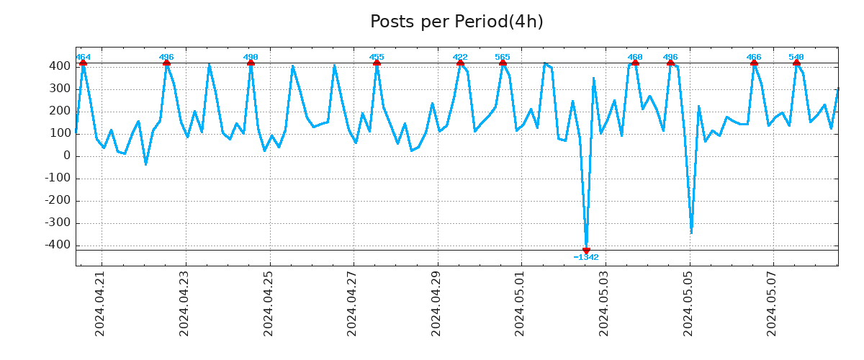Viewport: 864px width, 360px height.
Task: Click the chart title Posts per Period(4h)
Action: (456, 22)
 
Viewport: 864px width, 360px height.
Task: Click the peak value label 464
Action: (83, 57)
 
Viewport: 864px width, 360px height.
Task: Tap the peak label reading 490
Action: (251, 57)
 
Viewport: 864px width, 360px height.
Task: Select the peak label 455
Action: (377, 57)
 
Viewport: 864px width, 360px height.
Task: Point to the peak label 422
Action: (460, 57)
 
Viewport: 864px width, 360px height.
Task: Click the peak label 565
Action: (503, 57)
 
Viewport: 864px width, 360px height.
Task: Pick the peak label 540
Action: (796, 57)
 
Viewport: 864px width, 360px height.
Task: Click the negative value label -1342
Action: (586, 257)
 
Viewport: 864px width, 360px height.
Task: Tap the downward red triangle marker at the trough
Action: (586, 251)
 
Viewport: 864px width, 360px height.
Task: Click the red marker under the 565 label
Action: (503, 63)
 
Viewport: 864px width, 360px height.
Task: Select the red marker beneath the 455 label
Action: (377, 63)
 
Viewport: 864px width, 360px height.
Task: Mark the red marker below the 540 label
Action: (796, 63)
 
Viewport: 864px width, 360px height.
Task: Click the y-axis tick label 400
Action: (60, 66)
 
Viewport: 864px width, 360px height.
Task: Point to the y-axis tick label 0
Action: (67, 156)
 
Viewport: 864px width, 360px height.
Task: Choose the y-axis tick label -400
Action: (57, 245)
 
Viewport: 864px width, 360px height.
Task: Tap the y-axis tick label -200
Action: (57, 200)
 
